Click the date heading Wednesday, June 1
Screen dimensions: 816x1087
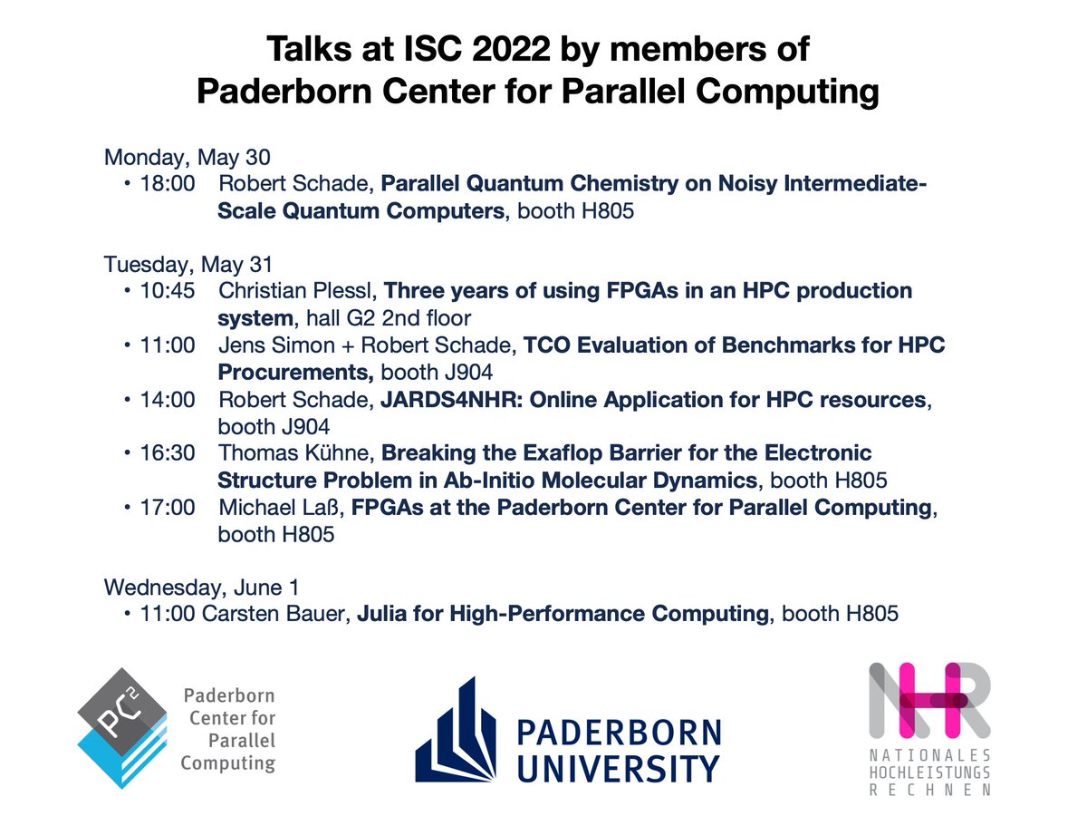point(201,587)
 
